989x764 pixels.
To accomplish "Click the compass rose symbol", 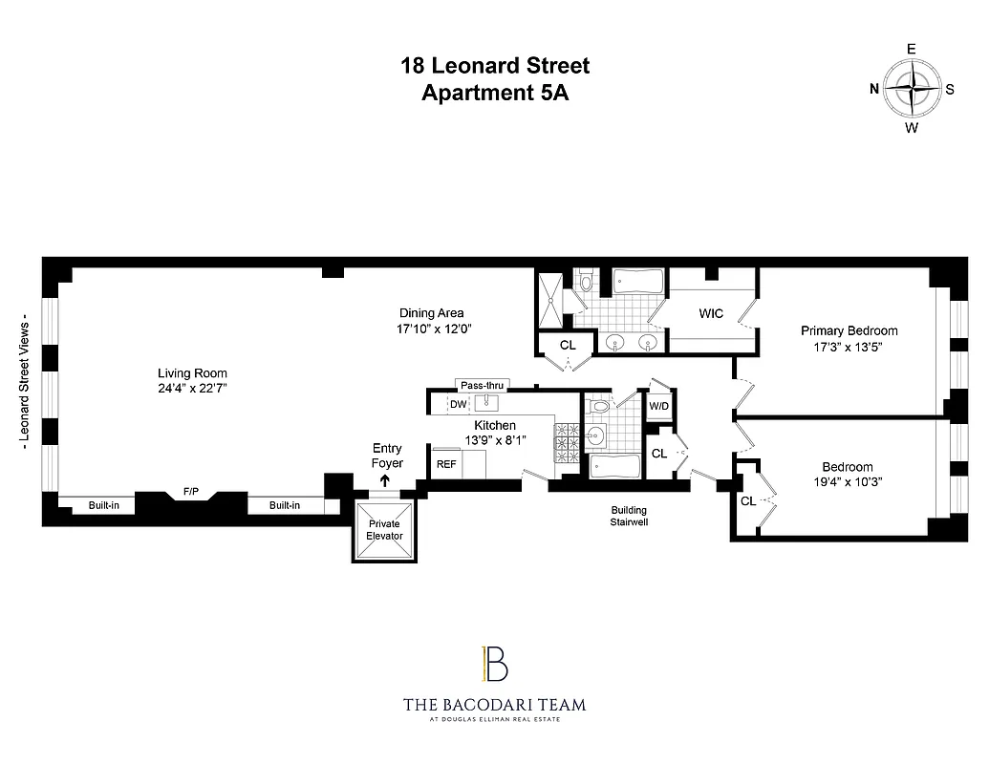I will tap(912, 89).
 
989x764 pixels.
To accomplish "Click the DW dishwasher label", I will tap(458, 405).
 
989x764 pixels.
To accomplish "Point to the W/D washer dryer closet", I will tap(659, 406).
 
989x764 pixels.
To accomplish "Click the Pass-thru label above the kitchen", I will tap(483, 386).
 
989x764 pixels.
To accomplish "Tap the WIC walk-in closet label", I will tap(711, 313).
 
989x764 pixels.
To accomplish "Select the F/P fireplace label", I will tap(191, 493).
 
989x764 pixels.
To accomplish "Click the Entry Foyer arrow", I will tap(386, 481).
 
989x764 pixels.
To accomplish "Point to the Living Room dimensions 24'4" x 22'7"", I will tap(193, 389).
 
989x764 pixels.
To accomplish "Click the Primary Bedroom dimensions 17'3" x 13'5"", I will tap(849, 347).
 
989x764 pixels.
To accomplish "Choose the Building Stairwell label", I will tap(629, 516).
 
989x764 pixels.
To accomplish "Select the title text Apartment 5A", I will tap(494, 93).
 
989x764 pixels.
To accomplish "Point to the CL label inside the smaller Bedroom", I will tap(747, 500).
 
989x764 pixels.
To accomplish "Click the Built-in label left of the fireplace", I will tap(104, 505).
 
